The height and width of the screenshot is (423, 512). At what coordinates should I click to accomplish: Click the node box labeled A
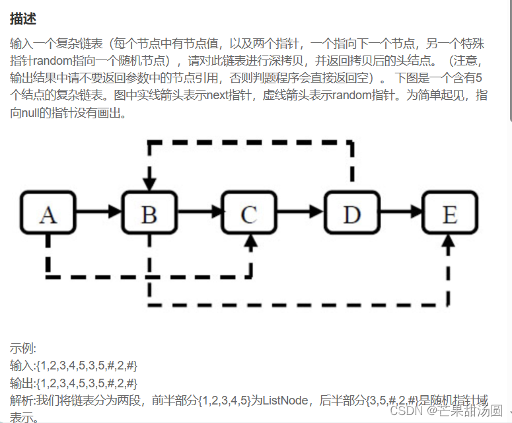pyautogui.click(x=48, y=213)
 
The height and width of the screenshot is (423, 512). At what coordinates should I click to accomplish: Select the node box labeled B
pyautogui.click(x=150, y=213)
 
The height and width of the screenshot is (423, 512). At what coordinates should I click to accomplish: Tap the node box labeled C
pyautogui.click(x=248, y=213)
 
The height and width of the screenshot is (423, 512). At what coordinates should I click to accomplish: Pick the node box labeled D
pyautogui.click(x=351, y=213)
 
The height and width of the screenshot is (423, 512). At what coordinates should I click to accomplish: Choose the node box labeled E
pyautogui.click(x=449, y=213)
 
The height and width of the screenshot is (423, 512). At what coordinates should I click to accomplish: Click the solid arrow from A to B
pyautogui.click(x=99, y=213)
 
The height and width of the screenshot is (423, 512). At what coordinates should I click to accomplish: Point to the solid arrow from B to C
pyautogui.click(x=200, y=213)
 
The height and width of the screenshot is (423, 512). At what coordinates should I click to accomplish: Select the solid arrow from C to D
pyautogui.click(x=301, y=213)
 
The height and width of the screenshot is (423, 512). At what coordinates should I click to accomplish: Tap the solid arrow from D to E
pyautogui.click(x=400, y=213)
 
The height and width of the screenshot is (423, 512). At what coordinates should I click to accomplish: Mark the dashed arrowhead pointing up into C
pyautogui.click(x=250, y=243)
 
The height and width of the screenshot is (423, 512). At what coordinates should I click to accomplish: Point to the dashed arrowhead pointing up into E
pyautogui.click(x=449, y=243)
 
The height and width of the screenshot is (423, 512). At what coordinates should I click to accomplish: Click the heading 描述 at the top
pyautogui.click(x=23, y=19)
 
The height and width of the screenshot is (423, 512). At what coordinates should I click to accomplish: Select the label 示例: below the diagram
pyautogui.click(x=23, y=348)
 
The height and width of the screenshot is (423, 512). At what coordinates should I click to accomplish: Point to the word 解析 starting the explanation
pyautogui.click(x=22, y=400)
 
